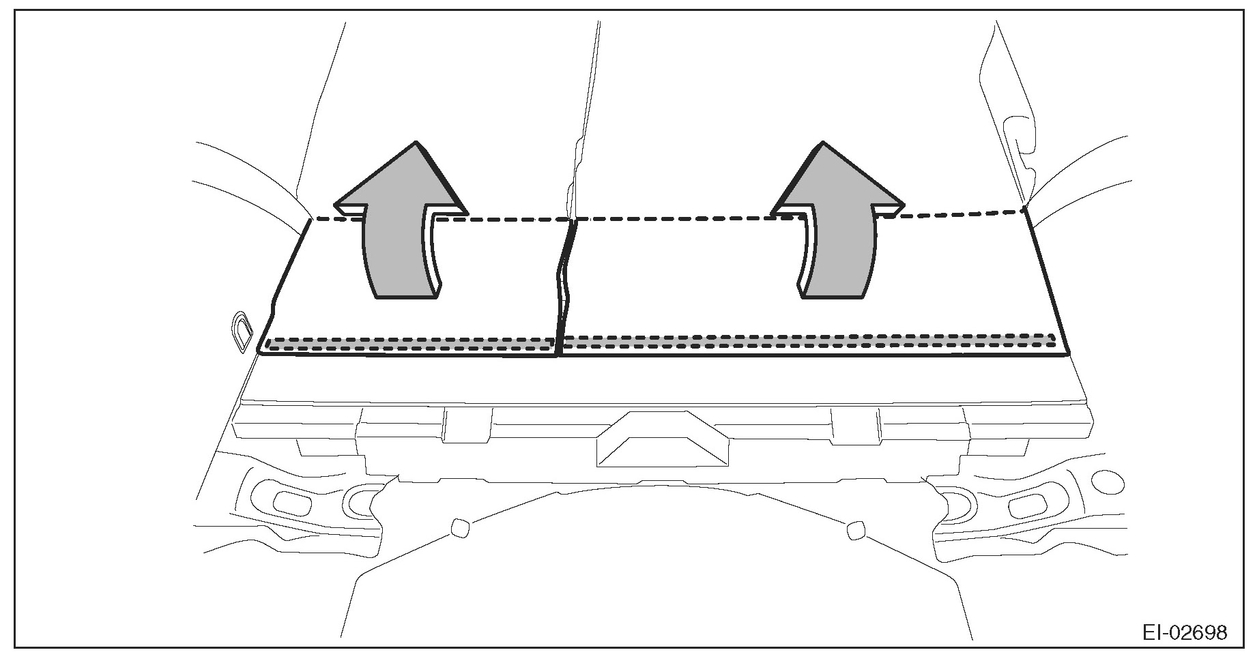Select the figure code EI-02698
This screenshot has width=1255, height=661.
tap(1185, 632)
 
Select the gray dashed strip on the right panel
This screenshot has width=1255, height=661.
tap(809, 340)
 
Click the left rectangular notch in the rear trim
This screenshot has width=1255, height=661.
tap(467, 424)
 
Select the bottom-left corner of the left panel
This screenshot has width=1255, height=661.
tap(259, 352)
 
